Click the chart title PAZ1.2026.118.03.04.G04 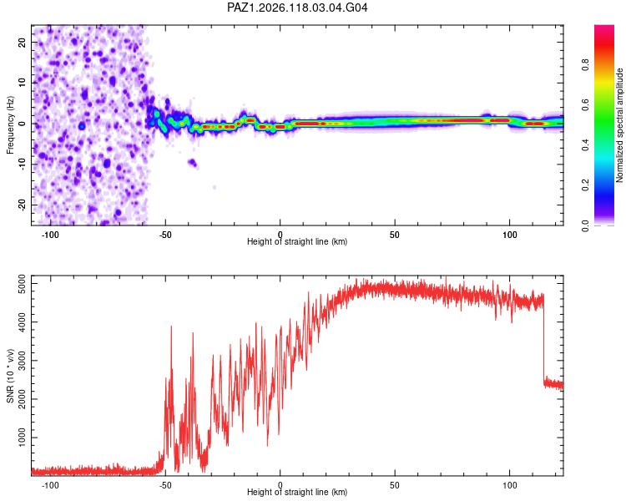pos(297,8)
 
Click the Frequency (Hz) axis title pos(10,125)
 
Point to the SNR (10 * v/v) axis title pos(10,376)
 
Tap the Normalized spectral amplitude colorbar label pos(619,125)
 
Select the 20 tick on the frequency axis pos(22,42)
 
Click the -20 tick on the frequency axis pos(22,205)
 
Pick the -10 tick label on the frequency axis pos(22,164)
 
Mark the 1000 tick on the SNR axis pos(22,438)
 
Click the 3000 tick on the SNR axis pos(22,361)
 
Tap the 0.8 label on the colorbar pos(585,64)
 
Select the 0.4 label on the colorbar pos(585,145)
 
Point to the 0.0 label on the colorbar pos(585,225)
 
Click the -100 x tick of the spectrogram pos(50,235)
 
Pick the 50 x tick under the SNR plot pos(395,485)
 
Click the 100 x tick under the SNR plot pos(509,485)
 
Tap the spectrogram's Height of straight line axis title pos(297,241)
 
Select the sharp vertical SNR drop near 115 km pos(543,340)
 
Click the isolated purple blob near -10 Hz pos(193,163)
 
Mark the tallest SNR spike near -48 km pos(171,326)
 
